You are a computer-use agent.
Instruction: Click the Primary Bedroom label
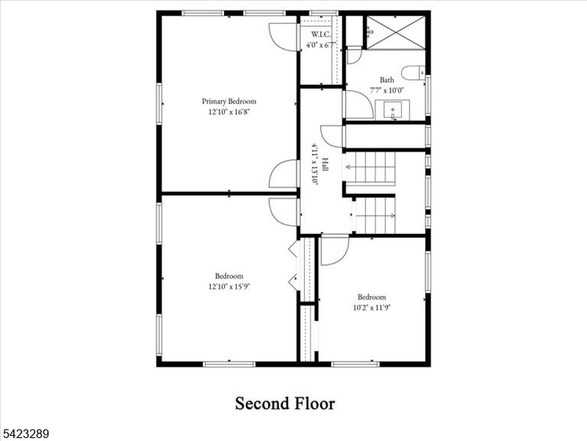[x=229, y=102]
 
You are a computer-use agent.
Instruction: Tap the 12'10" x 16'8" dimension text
[x=229, y=112]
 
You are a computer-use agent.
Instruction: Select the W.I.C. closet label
[x=321, y=35]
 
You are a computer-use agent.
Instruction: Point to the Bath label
[x=387, y=79]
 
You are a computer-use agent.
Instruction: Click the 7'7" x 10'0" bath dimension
[x=387, y=90]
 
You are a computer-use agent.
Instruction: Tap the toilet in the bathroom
[x=413, y=73]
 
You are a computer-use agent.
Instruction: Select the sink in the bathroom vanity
[x=393, y=110]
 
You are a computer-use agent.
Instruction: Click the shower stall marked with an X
[x=396, y=32]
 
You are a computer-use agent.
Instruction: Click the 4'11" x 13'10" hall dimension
[x=315, y=165]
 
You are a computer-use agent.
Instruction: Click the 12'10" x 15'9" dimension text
[x=229, y=287]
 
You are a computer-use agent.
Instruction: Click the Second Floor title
[x=285, y=404]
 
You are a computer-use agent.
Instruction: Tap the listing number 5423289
[x=24, y=434]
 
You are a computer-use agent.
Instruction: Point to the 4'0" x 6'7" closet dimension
[x=321, y=45]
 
